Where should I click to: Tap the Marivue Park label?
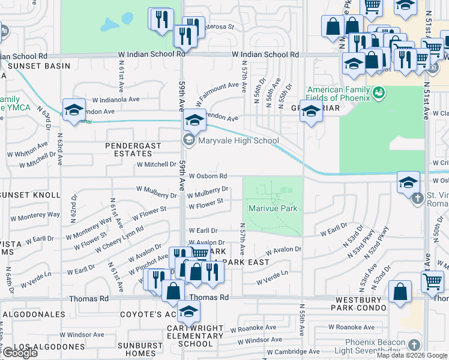(x=273, y=209)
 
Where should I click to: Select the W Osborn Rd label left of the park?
(x=208, y=176)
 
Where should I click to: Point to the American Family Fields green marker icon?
(x=378, y=92)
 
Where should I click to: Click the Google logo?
(x=20, y=353)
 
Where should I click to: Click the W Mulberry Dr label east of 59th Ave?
(x=205, y=194)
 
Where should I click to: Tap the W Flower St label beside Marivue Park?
(x=206, y=206)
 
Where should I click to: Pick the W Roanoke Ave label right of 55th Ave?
(x=352, y=328)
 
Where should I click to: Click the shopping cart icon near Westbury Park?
(x=432, y=281)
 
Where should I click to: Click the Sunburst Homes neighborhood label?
(x=136, y=349)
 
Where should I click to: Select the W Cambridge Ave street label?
(x=294, y=352)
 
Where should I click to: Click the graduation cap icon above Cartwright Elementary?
(x=188, y=311)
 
